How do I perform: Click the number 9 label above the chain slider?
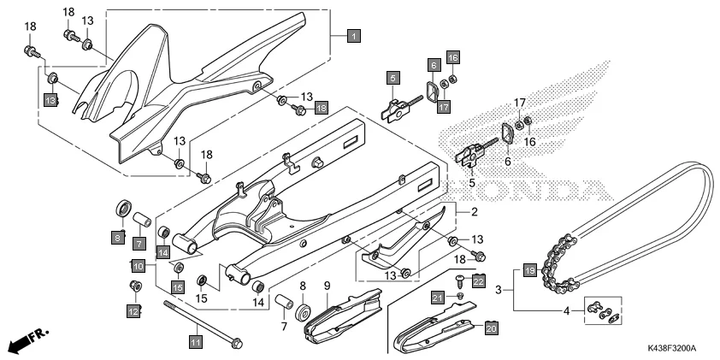(x=327, y=284)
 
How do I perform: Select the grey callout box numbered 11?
(x=195, y=342)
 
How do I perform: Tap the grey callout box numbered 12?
(x=133, y=312)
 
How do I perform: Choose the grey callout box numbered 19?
(x=529, y=270)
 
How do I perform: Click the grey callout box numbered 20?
(x=491, y=327)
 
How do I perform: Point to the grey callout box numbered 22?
(x=479, y=280)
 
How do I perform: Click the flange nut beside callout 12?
(x=134, y=286)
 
